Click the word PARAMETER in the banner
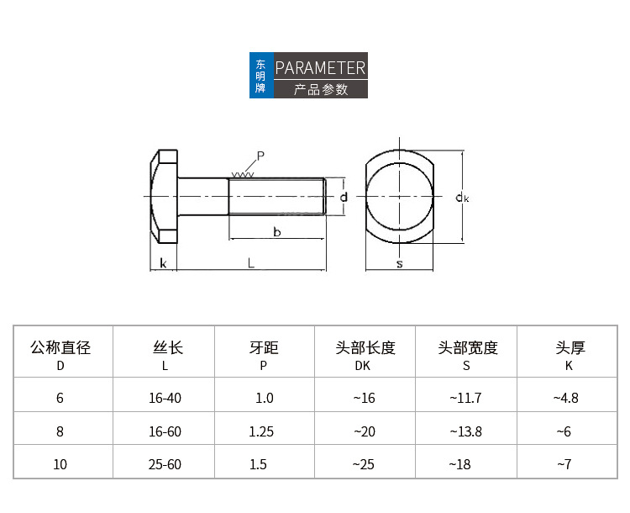320,67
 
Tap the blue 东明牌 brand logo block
261,75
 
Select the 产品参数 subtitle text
320,89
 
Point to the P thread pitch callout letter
260,156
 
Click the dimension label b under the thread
277,232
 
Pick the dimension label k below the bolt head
163,263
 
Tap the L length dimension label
250,263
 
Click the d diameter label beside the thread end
344,197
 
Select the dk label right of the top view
462,197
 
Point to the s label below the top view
399,264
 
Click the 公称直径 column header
60,347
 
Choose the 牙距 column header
264,347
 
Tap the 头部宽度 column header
468,347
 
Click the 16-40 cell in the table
165,398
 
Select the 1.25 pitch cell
261,431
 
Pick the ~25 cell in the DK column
363,464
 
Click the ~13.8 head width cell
465,431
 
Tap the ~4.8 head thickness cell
565,398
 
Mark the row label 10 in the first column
60,464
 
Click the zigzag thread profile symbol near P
243,175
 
